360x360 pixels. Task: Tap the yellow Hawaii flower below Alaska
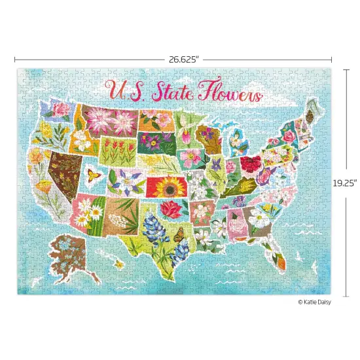(x=118, y=262)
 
